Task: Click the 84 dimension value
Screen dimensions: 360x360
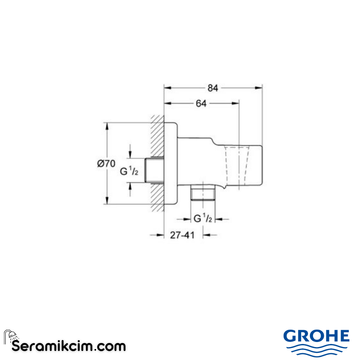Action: (213, 88)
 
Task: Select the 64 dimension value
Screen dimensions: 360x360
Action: (201, 104)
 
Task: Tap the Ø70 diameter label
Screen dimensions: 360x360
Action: (106, 164)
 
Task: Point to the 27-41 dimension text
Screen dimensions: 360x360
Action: (182, 235)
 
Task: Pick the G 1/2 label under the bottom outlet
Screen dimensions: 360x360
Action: (203, 219)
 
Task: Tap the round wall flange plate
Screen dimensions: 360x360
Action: (171, 163)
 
